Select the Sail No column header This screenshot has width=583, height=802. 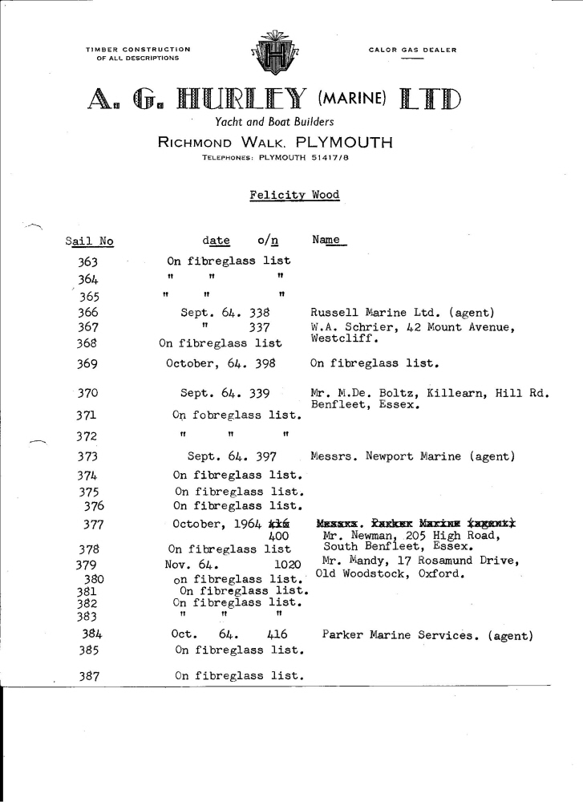pos(88,241)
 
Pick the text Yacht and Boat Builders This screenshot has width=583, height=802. pos(274,122)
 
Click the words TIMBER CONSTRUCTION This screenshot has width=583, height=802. pos(139,50)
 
